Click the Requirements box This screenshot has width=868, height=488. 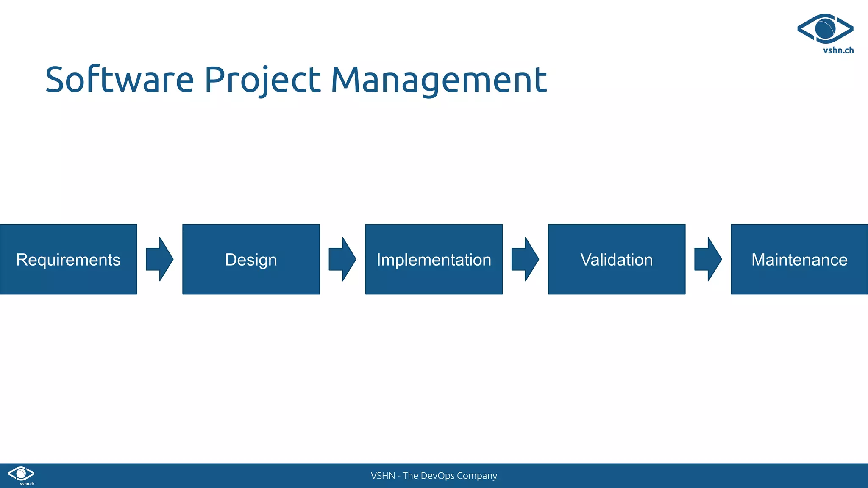pos(68,259)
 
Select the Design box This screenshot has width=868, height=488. pos(251,259)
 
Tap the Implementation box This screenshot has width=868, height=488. pos(434,259)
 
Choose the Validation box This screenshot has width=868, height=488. pos(616,259)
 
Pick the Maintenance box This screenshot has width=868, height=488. pos(799,259)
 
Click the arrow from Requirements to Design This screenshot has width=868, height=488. pos(159,259)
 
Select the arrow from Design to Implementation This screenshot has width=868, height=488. pos(342,259)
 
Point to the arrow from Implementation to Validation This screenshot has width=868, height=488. pos(525,259)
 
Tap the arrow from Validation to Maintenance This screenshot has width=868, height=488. pos(708,259)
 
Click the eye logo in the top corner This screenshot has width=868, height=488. pos(825,29)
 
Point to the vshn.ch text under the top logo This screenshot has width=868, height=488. pos(838,50)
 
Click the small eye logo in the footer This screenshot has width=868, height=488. pos(21,474)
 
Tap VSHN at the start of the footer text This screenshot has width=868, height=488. pos(383,476)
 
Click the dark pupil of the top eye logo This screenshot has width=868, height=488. pos(825,28)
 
